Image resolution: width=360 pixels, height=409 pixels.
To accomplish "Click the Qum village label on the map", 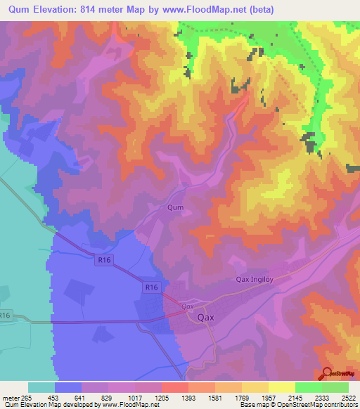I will coord(175,207).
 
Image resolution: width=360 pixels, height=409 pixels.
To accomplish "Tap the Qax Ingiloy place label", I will coord(257,280).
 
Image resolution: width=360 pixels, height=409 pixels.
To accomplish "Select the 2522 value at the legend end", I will coord(348,398).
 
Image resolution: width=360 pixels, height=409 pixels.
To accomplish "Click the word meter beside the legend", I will coord(11,398).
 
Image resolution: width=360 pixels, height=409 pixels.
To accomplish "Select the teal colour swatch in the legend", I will coord(41,387).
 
